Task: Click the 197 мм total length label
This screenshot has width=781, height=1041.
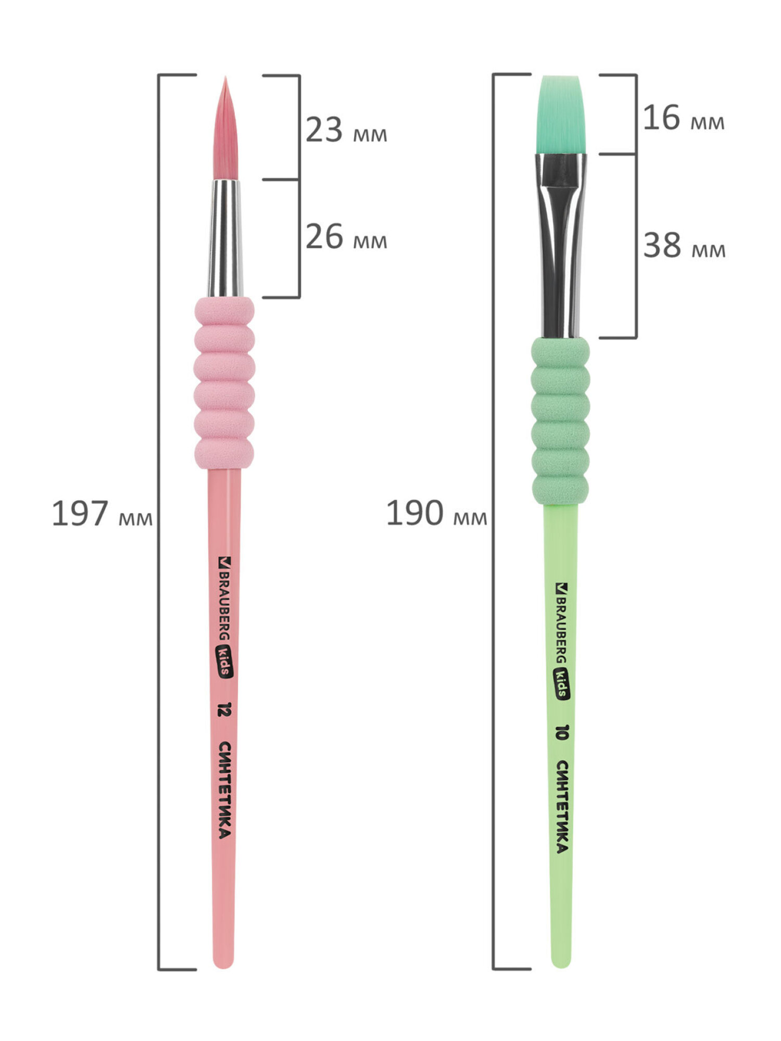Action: (x=102, y=514)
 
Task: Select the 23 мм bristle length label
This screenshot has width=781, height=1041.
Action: (x=346, y=130)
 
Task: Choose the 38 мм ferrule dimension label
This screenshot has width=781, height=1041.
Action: (x=684, y=245)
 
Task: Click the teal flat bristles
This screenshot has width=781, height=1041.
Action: (x=561, y=115)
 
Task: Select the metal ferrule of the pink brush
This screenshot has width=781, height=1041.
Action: (x=225, y=238)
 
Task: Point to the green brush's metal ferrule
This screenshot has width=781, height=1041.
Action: (x=561, y=246)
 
